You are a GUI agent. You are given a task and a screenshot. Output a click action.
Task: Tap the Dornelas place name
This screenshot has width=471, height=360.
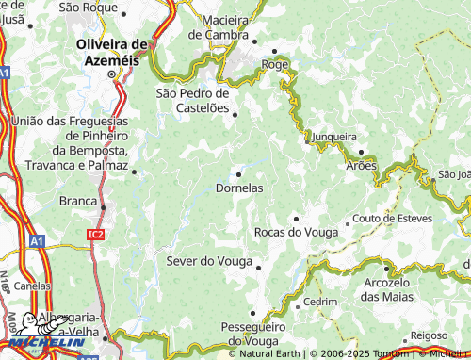coord(239,188)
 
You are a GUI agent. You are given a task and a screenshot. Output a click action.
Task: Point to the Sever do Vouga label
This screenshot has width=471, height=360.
coord(209,260)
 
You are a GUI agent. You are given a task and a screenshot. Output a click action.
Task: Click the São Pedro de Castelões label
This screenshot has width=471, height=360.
coord(192,101)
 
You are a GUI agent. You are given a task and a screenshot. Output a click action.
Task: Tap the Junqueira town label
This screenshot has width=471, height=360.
coord(335,136)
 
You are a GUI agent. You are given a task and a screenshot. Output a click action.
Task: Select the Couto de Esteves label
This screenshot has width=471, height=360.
coord(391,219)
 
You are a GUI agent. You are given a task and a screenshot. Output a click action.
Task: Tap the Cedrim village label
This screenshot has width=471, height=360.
coord(320,302)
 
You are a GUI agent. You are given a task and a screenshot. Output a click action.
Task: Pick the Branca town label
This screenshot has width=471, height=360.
coord(78,201)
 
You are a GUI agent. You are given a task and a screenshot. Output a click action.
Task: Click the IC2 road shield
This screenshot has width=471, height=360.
coord(95,234)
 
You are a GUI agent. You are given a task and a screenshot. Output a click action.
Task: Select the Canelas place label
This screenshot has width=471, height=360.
coord(32,286)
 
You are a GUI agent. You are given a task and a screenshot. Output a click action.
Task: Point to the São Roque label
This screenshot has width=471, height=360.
coord(87,7)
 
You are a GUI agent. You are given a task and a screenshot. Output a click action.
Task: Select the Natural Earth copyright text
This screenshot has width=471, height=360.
coord(268,353)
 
